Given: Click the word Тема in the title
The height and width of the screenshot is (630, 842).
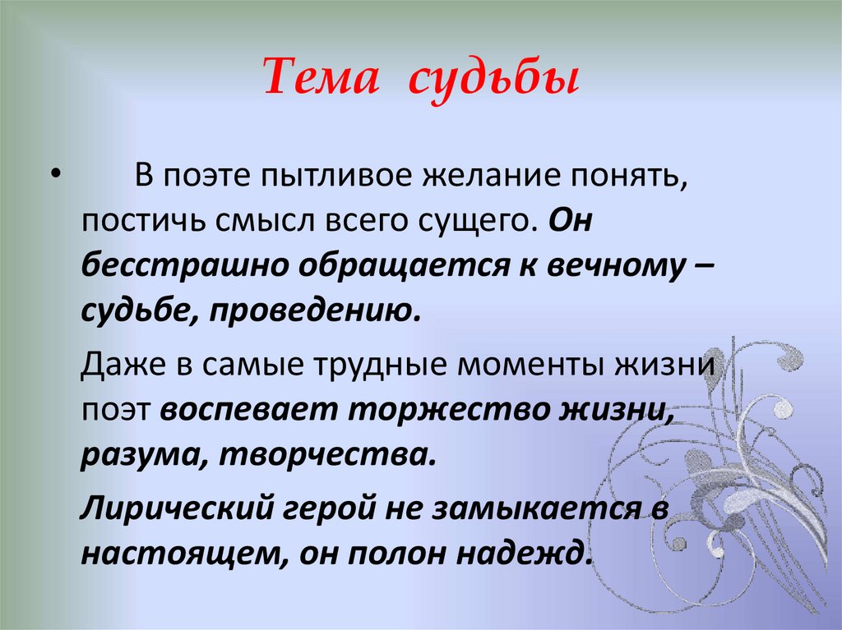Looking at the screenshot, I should point(317,79).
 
